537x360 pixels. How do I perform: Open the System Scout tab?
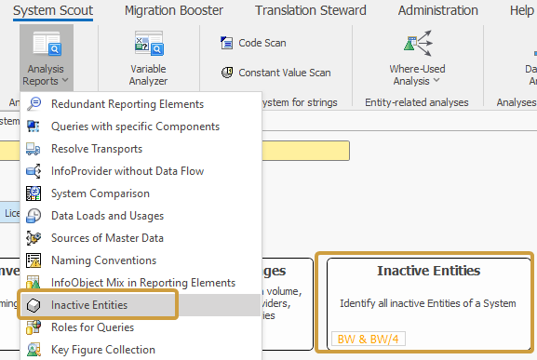pos(52,10)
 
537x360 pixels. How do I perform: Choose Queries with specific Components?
pos(135,127)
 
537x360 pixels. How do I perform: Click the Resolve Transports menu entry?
pos(97,149)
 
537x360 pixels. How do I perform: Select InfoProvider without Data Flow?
pos(128,171)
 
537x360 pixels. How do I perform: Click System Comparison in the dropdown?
pos(101,193)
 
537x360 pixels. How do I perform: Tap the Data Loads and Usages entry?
pos(108,216)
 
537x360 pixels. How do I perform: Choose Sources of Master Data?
pos(108,238)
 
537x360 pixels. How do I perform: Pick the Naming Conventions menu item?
pos(103,260)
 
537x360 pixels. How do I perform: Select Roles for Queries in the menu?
pos(92,327)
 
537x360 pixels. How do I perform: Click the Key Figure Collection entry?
pos(102,350)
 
